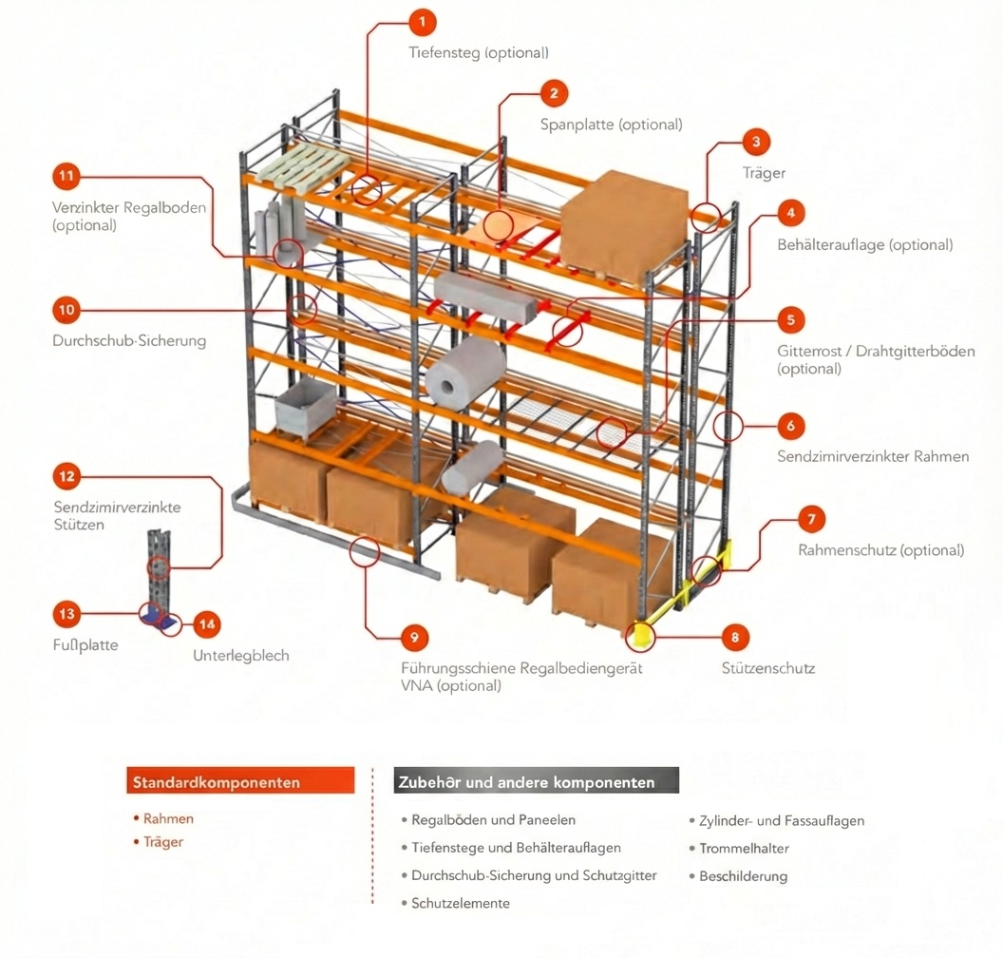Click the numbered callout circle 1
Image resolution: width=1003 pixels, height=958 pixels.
(422, 21)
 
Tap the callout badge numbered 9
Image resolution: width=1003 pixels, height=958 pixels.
(413, 638)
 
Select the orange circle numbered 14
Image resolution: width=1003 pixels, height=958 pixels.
(207, 624)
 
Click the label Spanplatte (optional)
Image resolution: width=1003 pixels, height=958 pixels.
(611, 125)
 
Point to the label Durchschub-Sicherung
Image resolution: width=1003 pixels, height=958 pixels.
(129, 340)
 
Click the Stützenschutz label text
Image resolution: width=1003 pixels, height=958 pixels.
(767, 668)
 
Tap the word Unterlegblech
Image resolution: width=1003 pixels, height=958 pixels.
(241, 656)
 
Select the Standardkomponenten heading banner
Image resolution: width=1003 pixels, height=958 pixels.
(240, 781)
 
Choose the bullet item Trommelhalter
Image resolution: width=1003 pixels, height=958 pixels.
(744, 849)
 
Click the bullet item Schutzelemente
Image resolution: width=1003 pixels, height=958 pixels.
(461, 903)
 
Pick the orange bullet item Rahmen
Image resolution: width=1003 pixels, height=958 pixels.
(168, 818)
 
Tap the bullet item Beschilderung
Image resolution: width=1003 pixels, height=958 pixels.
(743, 876)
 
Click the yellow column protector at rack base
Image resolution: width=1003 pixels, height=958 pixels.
(642, 634)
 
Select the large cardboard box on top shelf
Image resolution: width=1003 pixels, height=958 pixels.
(623, 224)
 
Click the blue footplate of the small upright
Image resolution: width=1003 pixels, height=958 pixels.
(158, 618)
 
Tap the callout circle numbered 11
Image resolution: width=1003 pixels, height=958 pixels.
(66, 177)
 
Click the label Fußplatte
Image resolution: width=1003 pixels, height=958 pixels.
(85, 645)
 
